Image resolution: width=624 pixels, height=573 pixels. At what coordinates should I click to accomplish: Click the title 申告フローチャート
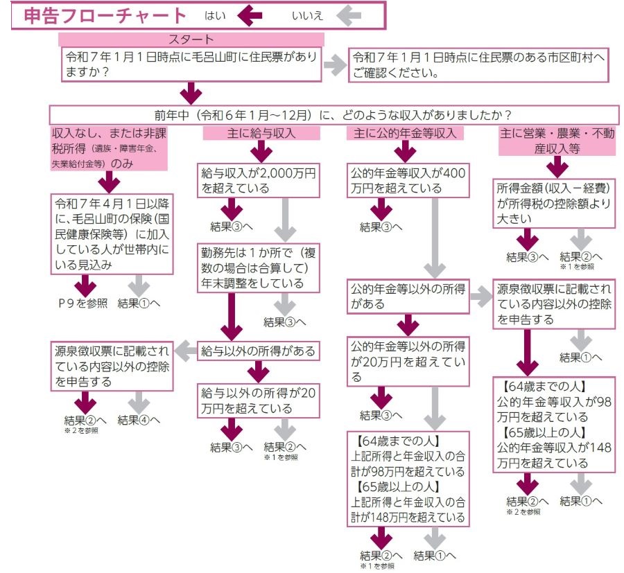click(104, 15)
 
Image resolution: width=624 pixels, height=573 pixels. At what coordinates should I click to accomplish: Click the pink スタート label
click(191, 39)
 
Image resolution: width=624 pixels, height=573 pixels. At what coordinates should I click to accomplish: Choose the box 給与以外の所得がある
click(259, 351)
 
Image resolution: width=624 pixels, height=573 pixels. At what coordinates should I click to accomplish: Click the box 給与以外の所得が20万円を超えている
click(259, 400)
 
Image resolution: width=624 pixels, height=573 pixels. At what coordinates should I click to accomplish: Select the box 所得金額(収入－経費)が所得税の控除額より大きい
click(555, 203)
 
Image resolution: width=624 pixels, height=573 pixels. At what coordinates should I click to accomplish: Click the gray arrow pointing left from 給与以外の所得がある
click(184, 351)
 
